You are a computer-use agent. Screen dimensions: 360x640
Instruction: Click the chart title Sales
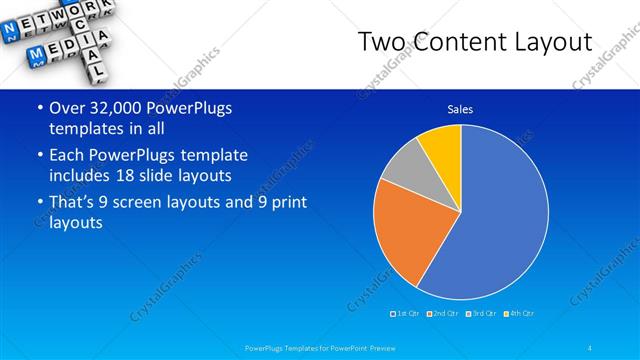click(x=460, y=109)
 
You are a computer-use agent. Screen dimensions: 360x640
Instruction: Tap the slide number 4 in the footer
click(x=591, y=348)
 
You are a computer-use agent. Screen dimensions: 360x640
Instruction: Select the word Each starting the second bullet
click(x=68, y=156)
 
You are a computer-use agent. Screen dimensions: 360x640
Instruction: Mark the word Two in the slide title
click(x=381, y=42)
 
